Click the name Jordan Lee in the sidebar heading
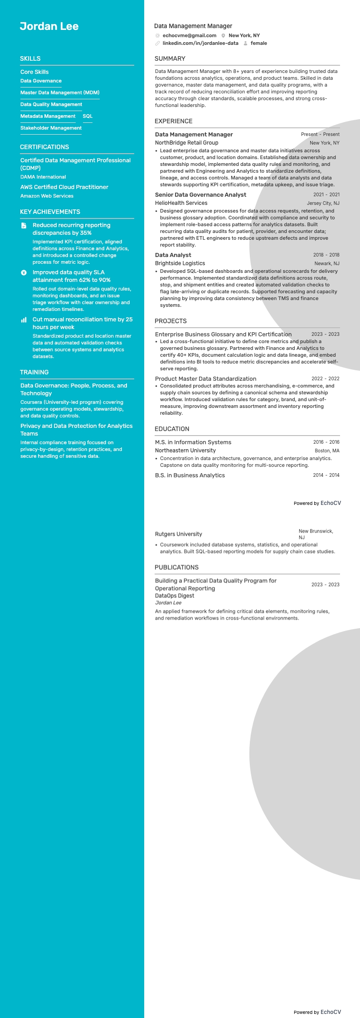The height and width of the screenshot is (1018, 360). [49, 26]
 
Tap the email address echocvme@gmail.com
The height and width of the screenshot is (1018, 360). [189, 35]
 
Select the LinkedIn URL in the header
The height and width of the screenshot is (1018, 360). [200, 44]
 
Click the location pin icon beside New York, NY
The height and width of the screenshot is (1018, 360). [224, 35]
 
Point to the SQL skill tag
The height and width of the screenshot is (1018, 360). [88, 116]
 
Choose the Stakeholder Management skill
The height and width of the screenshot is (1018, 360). [51, 128]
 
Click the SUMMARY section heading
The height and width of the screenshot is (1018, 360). [170, 59]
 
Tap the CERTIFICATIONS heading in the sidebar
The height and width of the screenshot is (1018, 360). [44, 147]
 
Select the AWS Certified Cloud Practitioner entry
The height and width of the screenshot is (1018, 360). [64, 187]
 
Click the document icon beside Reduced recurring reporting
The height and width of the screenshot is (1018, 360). [24, 225]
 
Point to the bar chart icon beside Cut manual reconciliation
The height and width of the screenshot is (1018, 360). [24, 320]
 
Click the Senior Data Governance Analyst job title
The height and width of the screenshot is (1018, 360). [200, 195]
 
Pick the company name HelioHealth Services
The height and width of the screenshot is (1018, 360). [181, 203]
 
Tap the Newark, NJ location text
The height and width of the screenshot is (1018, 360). [326, 263]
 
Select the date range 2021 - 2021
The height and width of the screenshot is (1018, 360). [326, 195]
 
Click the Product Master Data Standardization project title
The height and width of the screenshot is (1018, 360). [205, 379]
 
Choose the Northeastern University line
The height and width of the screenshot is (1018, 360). [185, 451]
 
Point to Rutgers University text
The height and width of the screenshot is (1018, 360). [178, 534]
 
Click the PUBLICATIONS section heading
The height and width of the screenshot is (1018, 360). [176, 567]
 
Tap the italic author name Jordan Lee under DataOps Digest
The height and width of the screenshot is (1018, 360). [168, 603]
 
